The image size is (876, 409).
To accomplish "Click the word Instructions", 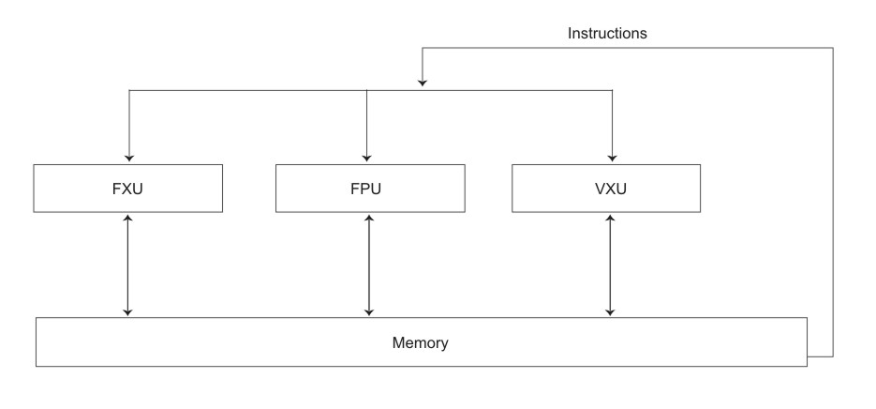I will [607, 33].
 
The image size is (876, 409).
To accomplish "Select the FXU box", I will [127, 188].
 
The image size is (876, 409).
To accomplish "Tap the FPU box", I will [369, 188].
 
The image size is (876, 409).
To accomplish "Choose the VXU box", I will [611, 188].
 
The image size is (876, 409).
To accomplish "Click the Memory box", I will [421, 342].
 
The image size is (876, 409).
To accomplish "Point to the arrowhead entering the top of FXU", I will [128, 159].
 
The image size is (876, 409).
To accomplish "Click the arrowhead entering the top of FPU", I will [368, 159].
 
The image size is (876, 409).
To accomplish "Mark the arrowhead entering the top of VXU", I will [611, 159].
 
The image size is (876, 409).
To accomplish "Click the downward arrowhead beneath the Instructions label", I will [423, 83].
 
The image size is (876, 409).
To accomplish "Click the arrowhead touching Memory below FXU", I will [128, 311].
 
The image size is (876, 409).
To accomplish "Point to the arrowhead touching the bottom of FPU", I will [369, 217].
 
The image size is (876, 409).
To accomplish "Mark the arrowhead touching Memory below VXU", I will [611, 311].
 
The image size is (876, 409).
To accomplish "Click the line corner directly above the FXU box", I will [128, 90].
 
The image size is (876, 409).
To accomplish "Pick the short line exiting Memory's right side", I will [819, 356].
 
